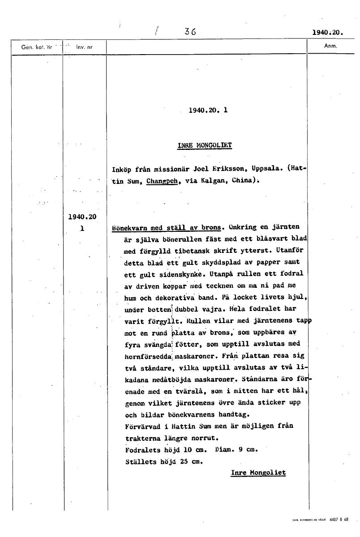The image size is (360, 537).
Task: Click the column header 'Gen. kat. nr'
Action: point(37,47)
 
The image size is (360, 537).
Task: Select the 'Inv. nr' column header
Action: point(84,47)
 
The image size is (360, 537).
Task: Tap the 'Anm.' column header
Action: point(330,46)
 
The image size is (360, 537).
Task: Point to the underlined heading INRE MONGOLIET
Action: point(205,145)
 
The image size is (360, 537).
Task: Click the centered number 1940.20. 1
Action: point(208,109)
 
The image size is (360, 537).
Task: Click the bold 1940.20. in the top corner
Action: point(327,32)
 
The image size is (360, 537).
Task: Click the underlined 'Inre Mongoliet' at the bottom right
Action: point(258,473)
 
